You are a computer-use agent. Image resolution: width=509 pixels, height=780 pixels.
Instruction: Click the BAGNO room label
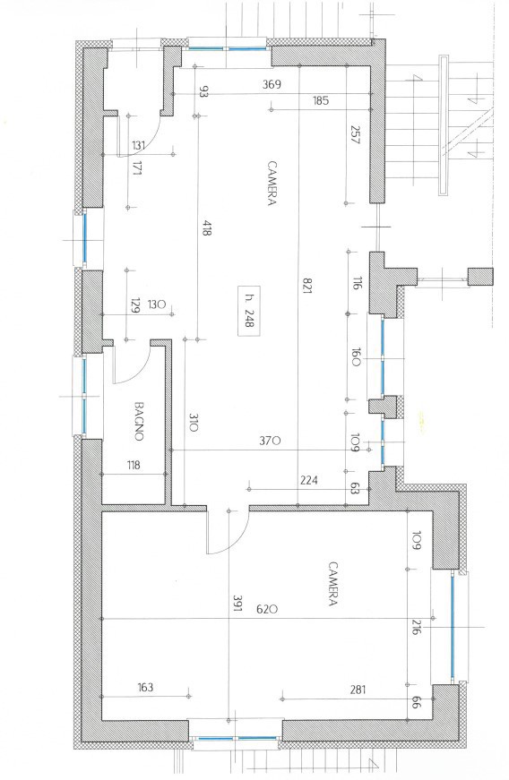pyautogui.click(x=140, y=421)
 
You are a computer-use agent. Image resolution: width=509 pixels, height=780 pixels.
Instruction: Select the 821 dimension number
pyautogui.click(x=306, y=285)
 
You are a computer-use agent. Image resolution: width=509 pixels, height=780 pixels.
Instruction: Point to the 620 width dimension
pyautogui.click(x=267, y=609)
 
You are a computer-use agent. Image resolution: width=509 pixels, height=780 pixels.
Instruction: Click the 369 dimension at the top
pyautogui.click(x=272, y=84)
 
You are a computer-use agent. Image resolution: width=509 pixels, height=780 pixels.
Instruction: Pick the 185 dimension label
pyautogui.click(x=321, y=100)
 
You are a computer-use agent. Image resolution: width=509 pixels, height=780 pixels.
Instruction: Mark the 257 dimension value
pyautogui.click(x=355, y=134)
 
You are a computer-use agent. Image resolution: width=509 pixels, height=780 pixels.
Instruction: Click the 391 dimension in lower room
pyautogui.click(x=237, y=603)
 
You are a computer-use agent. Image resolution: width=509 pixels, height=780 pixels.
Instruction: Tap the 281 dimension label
pyautogui.click(x=358, y=689)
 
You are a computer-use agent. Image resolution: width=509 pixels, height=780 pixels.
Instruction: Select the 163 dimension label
pyautogui.click(x=145, y=687)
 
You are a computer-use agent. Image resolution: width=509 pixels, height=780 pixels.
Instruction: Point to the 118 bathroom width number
pyautogui.click(x=134, y=465)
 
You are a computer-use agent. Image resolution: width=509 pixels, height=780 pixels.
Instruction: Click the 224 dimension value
pyautogui.click(x=309, y=480)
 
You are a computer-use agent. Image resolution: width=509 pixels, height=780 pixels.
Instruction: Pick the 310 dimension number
pyautogui.click(x=194, y=422)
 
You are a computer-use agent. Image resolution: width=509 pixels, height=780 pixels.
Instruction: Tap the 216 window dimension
pyautogui.click(x=417, y=628)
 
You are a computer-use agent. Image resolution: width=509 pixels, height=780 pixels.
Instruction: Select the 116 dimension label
pyautogui.click(x=357, y=285)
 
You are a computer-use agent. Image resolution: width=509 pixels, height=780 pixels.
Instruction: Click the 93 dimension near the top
pyautogui.click(x=203, y=91)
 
